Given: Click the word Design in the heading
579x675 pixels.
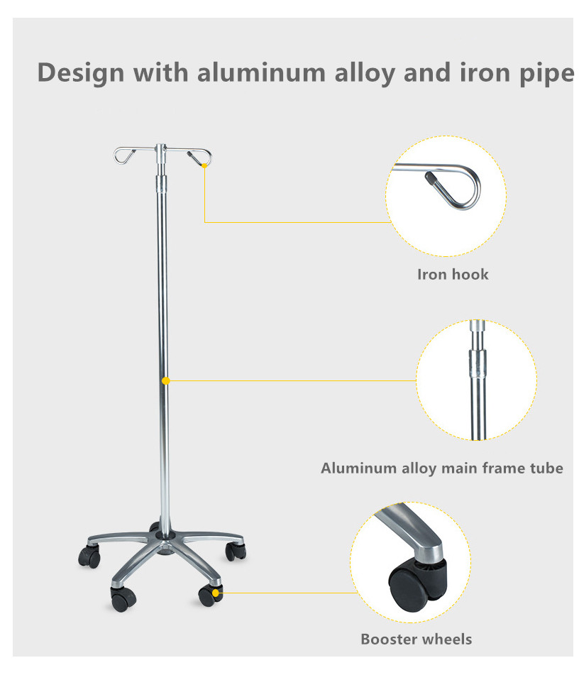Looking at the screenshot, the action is [80, 72].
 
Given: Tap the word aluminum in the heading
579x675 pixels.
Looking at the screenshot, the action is [261, 72].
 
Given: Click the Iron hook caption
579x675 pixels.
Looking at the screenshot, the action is [453, 274].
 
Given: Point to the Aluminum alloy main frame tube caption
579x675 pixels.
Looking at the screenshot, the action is [441, 468].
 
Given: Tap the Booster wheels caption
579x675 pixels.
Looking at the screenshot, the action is [416, 639].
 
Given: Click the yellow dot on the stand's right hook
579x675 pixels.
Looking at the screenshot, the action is [204, 166].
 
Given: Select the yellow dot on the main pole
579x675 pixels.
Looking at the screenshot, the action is [166, 380].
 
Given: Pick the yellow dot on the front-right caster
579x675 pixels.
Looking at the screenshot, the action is [215, 593].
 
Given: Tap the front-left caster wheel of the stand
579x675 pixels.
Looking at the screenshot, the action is [123, 599].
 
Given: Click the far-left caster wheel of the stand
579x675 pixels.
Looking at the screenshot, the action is [89, 556].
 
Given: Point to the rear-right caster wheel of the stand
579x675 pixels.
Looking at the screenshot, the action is [236, 551].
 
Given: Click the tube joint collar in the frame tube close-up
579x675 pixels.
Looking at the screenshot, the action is [478, 363].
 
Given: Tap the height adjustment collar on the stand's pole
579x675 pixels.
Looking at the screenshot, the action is [161, 185].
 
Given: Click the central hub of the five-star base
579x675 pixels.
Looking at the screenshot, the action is [164, 537].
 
